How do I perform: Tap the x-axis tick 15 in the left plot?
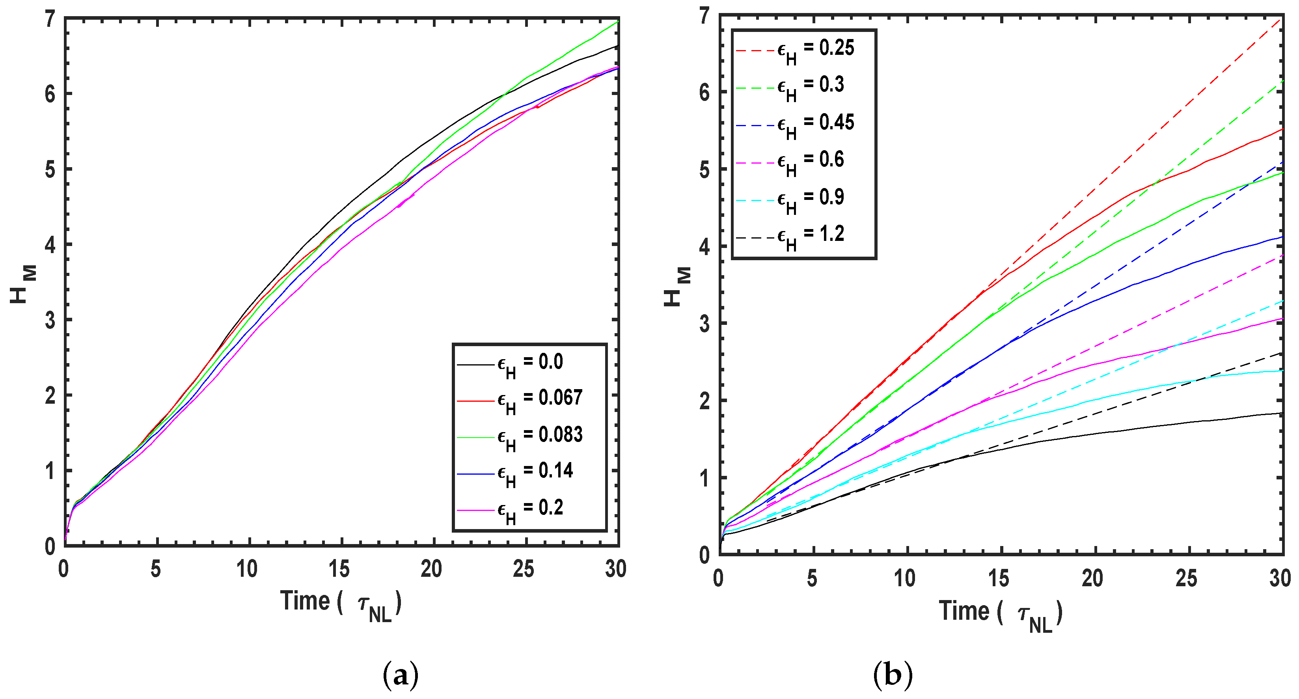coord(339,569)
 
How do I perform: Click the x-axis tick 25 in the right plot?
coord(1186,578)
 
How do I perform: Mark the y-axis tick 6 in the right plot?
coord(704,92)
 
